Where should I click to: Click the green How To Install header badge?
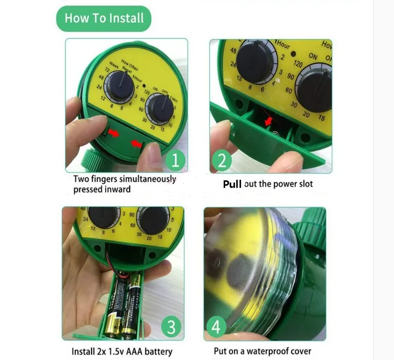[x=103, y=18]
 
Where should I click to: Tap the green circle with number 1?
[x=174, y=161]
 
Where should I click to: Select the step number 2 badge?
[x=221, y=161]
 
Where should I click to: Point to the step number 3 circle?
[x=171, y=327]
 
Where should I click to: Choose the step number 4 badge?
[x=216, y=327]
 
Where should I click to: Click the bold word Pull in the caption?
[x=232, y=184]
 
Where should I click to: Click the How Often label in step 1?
[x=130, y=64]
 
